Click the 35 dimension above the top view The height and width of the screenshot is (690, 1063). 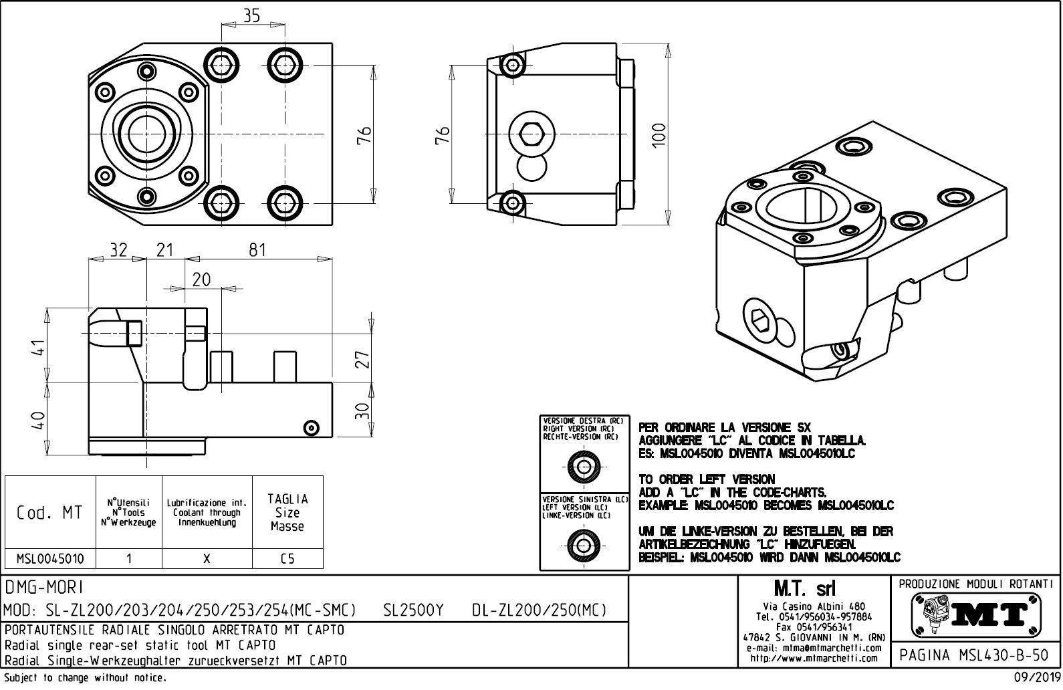(x=251, y=16)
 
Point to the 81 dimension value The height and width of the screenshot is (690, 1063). (x=257, y=250)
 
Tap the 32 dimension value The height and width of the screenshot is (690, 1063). (x=118, y=250)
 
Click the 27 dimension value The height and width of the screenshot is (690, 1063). (x=362, y=360)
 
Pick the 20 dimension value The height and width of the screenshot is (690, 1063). (x=201, y=279)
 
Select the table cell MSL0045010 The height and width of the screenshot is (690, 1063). (x=49, y=558)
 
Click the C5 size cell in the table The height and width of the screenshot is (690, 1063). (x=287, y=558)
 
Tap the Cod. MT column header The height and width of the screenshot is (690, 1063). (x=49, y=513)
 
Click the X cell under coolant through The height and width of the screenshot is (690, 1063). (x=207, y=558)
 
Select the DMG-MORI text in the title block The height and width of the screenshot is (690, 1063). (x=44, y=587)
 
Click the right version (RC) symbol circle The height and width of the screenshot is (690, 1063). (x=584, y=465)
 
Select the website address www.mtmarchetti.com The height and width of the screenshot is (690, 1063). (x=814, y=658)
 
